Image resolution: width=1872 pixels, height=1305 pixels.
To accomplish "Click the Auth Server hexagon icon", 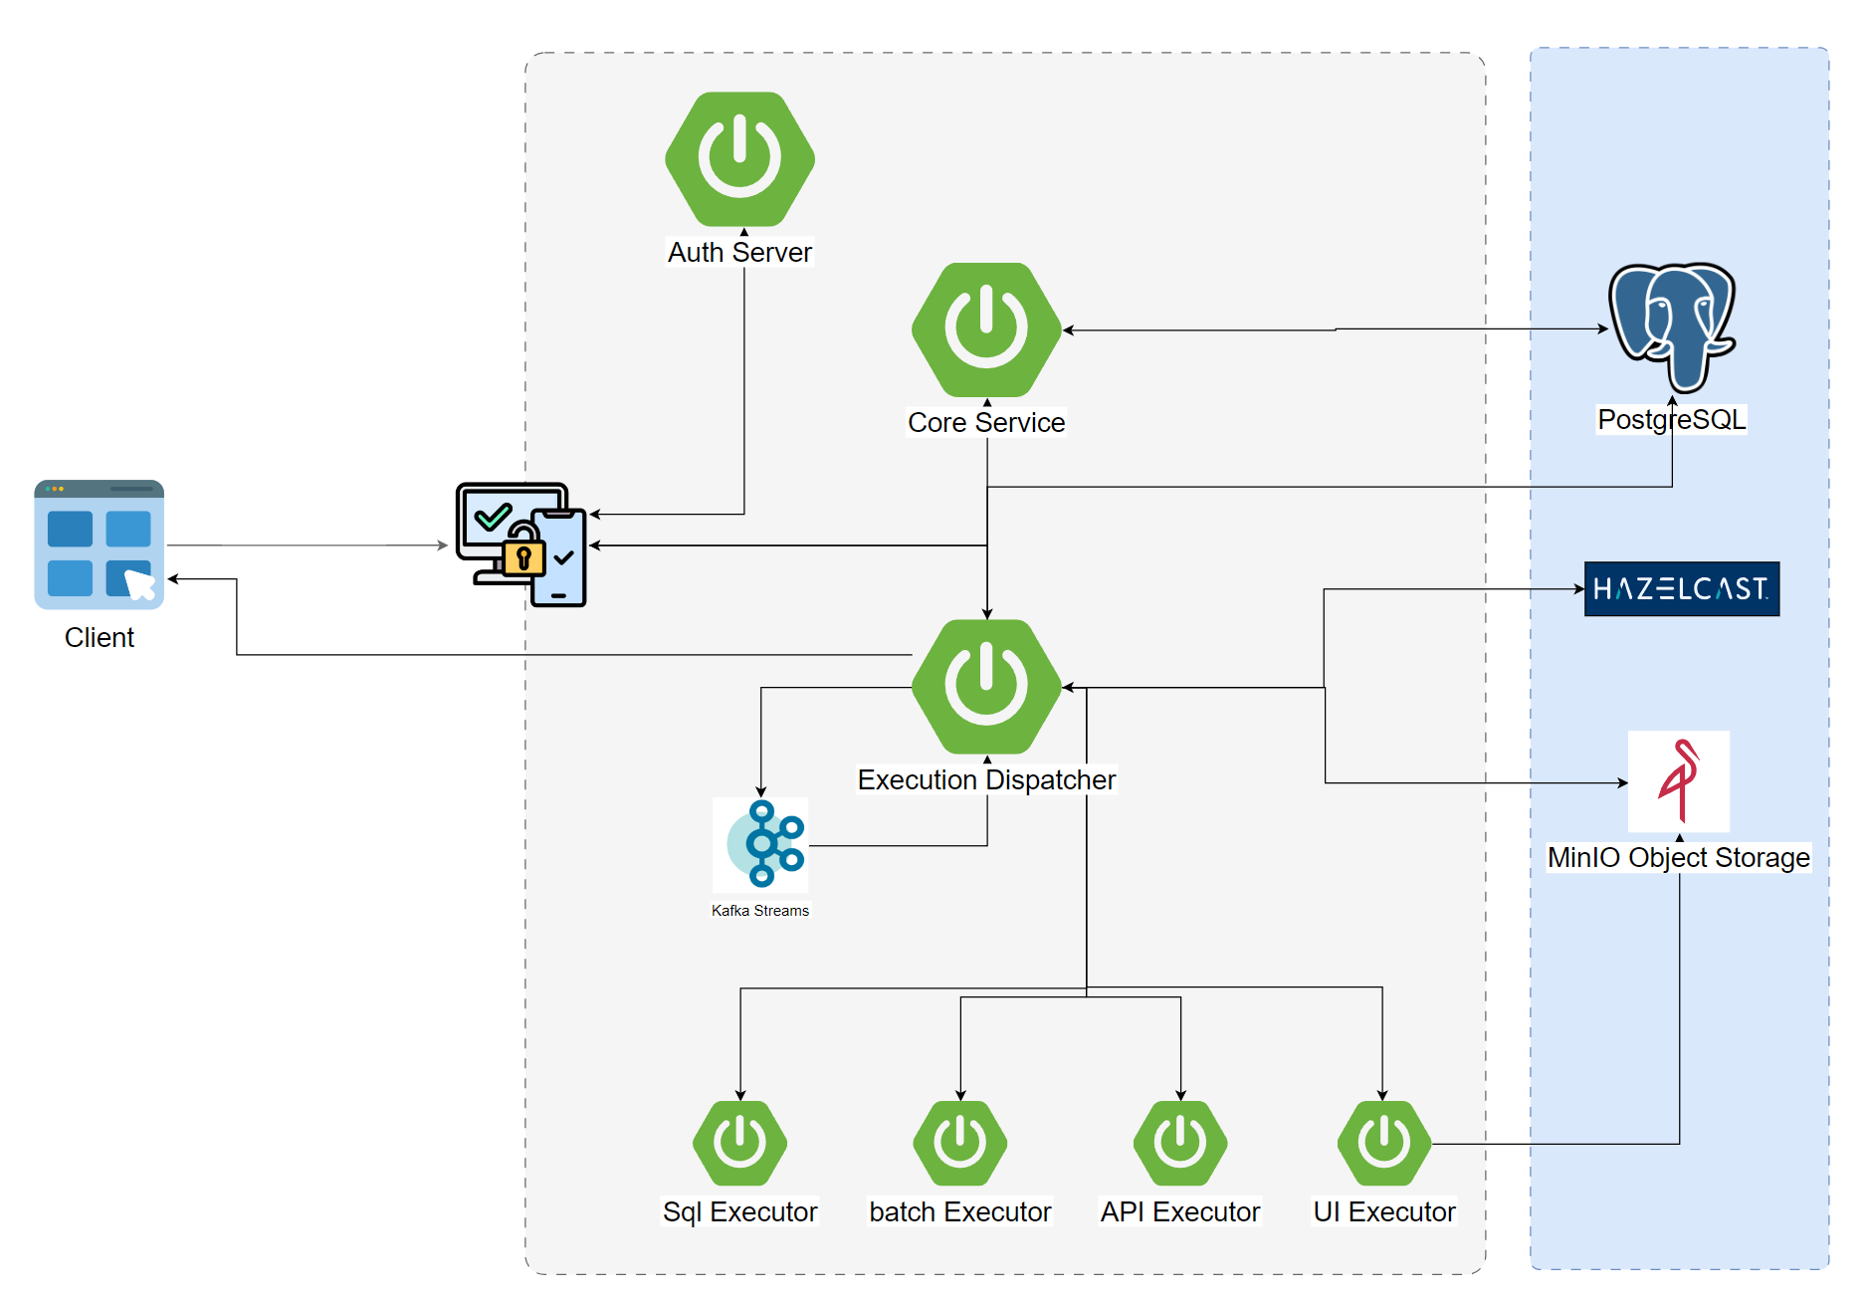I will click(x=739, y=159).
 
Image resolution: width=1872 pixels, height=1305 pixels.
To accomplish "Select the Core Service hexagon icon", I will click(x=986, y=329).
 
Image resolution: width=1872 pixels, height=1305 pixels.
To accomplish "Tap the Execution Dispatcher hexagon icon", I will click(x=986, y=687).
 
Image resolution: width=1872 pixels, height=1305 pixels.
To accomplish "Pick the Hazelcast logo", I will click(x=1681, y=589).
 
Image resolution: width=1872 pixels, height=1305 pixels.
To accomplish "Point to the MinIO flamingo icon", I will click(x=1679, y=780).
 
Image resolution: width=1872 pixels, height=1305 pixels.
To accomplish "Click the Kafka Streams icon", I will click(x=762, y=843).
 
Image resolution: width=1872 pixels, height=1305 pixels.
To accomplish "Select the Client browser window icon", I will click(x=99, y=544).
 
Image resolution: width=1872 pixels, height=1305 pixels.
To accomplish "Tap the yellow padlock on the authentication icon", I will click(x=523, y=556).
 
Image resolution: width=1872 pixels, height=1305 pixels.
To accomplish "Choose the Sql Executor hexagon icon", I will click(x=739, y=1143).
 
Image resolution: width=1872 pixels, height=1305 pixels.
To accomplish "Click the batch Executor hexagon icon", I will click(x=960, y=1143).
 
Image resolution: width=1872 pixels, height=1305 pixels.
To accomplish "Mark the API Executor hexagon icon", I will click(x=1180, y=1143).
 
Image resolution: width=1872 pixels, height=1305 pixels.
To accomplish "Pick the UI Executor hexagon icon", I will click(x=1383, y=1143).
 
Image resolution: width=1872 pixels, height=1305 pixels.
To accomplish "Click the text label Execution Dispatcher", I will click(x=986, y=779).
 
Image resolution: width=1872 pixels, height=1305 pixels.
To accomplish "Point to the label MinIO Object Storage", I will click(x=1678, y=857).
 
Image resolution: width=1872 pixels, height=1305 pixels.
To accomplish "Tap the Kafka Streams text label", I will click(x=760, y=911).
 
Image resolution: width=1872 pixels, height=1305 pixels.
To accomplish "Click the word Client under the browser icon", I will click(x=99, y=637).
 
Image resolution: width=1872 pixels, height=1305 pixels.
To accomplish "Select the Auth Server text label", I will click(x=739, y=252).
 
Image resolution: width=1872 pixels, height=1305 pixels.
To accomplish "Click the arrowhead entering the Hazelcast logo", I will click(x=1579, y=589).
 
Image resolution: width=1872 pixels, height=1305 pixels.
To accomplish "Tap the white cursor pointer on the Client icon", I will click(x=139, y=584).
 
